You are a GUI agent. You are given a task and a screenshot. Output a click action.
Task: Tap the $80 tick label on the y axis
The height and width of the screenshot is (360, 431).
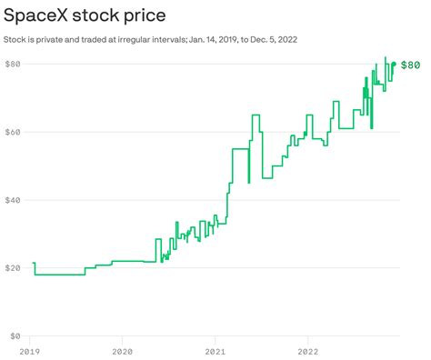[x=14, y=64]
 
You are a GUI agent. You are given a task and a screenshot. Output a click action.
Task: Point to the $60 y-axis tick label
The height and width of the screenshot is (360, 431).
[x=14, y=132]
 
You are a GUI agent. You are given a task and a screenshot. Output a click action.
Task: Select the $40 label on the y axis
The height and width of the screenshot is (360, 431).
[x=14, y=200]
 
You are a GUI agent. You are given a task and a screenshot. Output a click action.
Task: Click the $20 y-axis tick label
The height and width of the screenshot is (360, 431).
[x=14, y=268]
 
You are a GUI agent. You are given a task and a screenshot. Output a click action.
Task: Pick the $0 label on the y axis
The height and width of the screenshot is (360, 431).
[x=11, y=336]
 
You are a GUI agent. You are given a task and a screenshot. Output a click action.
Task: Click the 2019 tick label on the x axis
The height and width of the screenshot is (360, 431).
[x=30, y=350]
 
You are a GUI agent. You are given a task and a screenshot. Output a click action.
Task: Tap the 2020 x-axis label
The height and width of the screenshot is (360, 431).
[x=122, y=350]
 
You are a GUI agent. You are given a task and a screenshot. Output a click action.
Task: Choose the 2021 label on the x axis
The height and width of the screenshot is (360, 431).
[x=215, y=350]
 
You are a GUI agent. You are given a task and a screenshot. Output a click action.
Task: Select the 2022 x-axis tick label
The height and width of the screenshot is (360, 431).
[x=308, y=350]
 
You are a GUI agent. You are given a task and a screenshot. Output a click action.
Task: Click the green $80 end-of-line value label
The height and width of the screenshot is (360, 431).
[x=410, y=65]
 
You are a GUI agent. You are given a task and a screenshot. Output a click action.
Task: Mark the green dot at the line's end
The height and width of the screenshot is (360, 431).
[x=394, y=64]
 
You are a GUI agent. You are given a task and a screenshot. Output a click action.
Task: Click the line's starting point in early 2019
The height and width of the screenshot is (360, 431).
[x=33, y=264]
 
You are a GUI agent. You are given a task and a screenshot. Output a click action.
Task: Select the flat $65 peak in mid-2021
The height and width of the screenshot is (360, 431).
[x=256, y=115]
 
